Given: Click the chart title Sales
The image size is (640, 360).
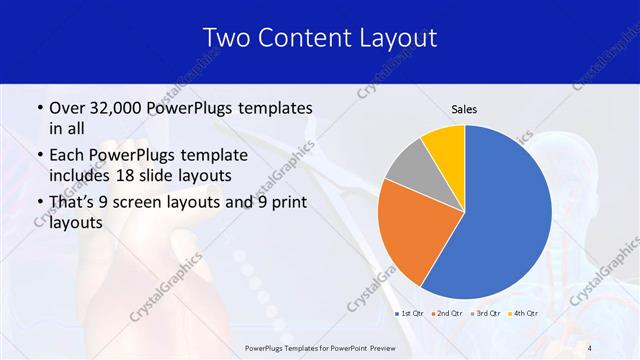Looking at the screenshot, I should coord(464,108).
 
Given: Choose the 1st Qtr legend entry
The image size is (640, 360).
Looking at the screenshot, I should coord(412,314).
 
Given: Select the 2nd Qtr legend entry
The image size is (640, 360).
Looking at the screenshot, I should coord(449,314).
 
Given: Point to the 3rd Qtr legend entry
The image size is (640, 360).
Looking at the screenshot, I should coord(486,314).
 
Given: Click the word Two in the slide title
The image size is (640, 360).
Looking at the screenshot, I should coord(226,38).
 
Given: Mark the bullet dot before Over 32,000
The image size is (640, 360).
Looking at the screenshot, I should coord(38,108).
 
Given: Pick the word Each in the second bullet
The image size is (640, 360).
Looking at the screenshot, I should coord(66,155).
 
